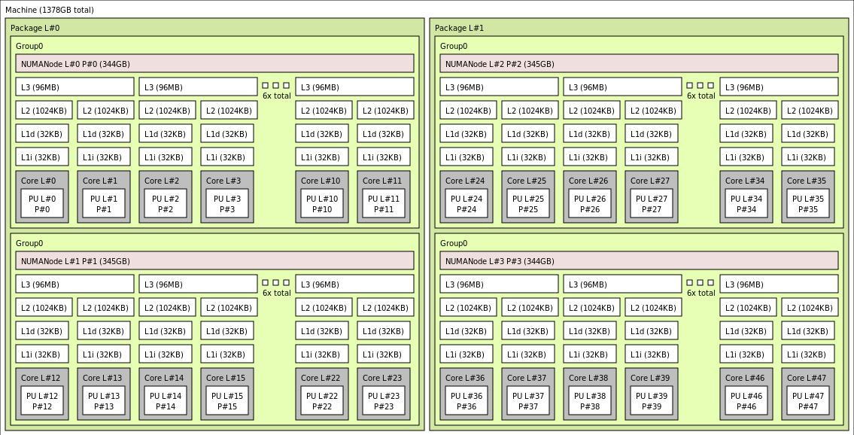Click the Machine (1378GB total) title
coord(50,10)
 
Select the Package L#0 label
coord(35,28)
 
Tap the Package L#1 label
coord(459,28)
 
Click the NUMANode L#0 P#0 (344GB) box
coord(214,64)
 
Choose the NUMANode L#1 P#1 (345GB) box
coord(214,261)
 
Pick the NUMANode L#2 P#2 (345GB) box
coord(639,64)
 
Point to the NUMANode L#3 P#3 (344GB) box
coord(639,261)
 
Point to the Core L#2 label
coord(162,181)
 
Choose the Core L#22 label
coord(321,378)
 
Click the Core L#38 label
coord(588,378)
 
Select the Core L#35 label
coord(807,181)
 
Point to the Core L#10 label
coord(321,181)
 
